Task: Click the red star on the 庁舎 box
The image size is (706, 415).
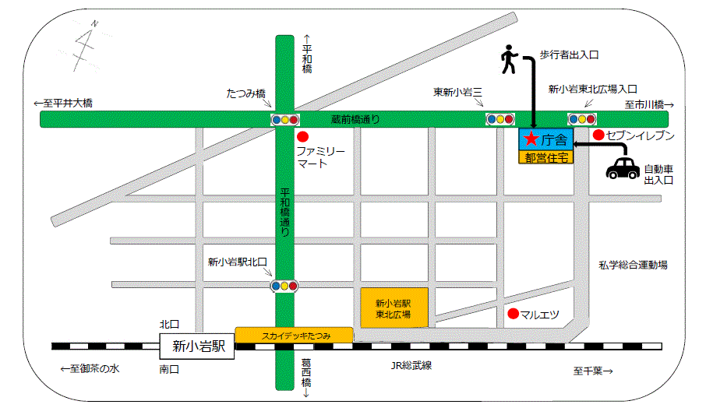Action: click(531, 139)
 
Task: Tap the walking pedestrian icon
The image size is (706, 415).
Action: click(508, 60)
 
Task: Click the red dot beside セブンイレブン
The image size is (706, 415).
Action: click(598, 135)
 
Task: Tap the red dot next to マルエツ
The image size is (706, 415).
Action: click(512, 315)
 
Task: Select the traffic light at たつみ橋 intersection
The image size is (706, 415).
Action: click(284, 119)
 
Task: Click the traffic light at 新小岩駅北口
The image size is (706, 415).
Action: click(284, 286)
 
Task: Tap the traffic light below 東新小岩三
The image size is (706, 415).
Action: click(499, 119)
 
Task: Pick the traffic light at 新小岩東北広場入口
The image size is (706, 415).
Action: click(581, 119)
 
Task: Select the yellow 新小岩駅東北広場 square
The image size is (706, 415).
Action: click(396, 308)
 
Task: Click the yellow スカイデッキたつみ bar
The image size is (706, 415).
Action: click(295, 335)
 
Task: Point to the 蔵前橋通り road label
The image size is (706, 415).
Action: click(355, 119)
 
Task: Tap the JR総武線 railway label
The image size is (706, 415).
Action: click(411, 365)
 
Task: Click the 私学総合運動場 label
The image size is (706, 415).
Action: click(633, 265)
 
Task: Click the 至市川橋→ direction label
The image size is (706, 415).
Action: click(648, 104)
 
